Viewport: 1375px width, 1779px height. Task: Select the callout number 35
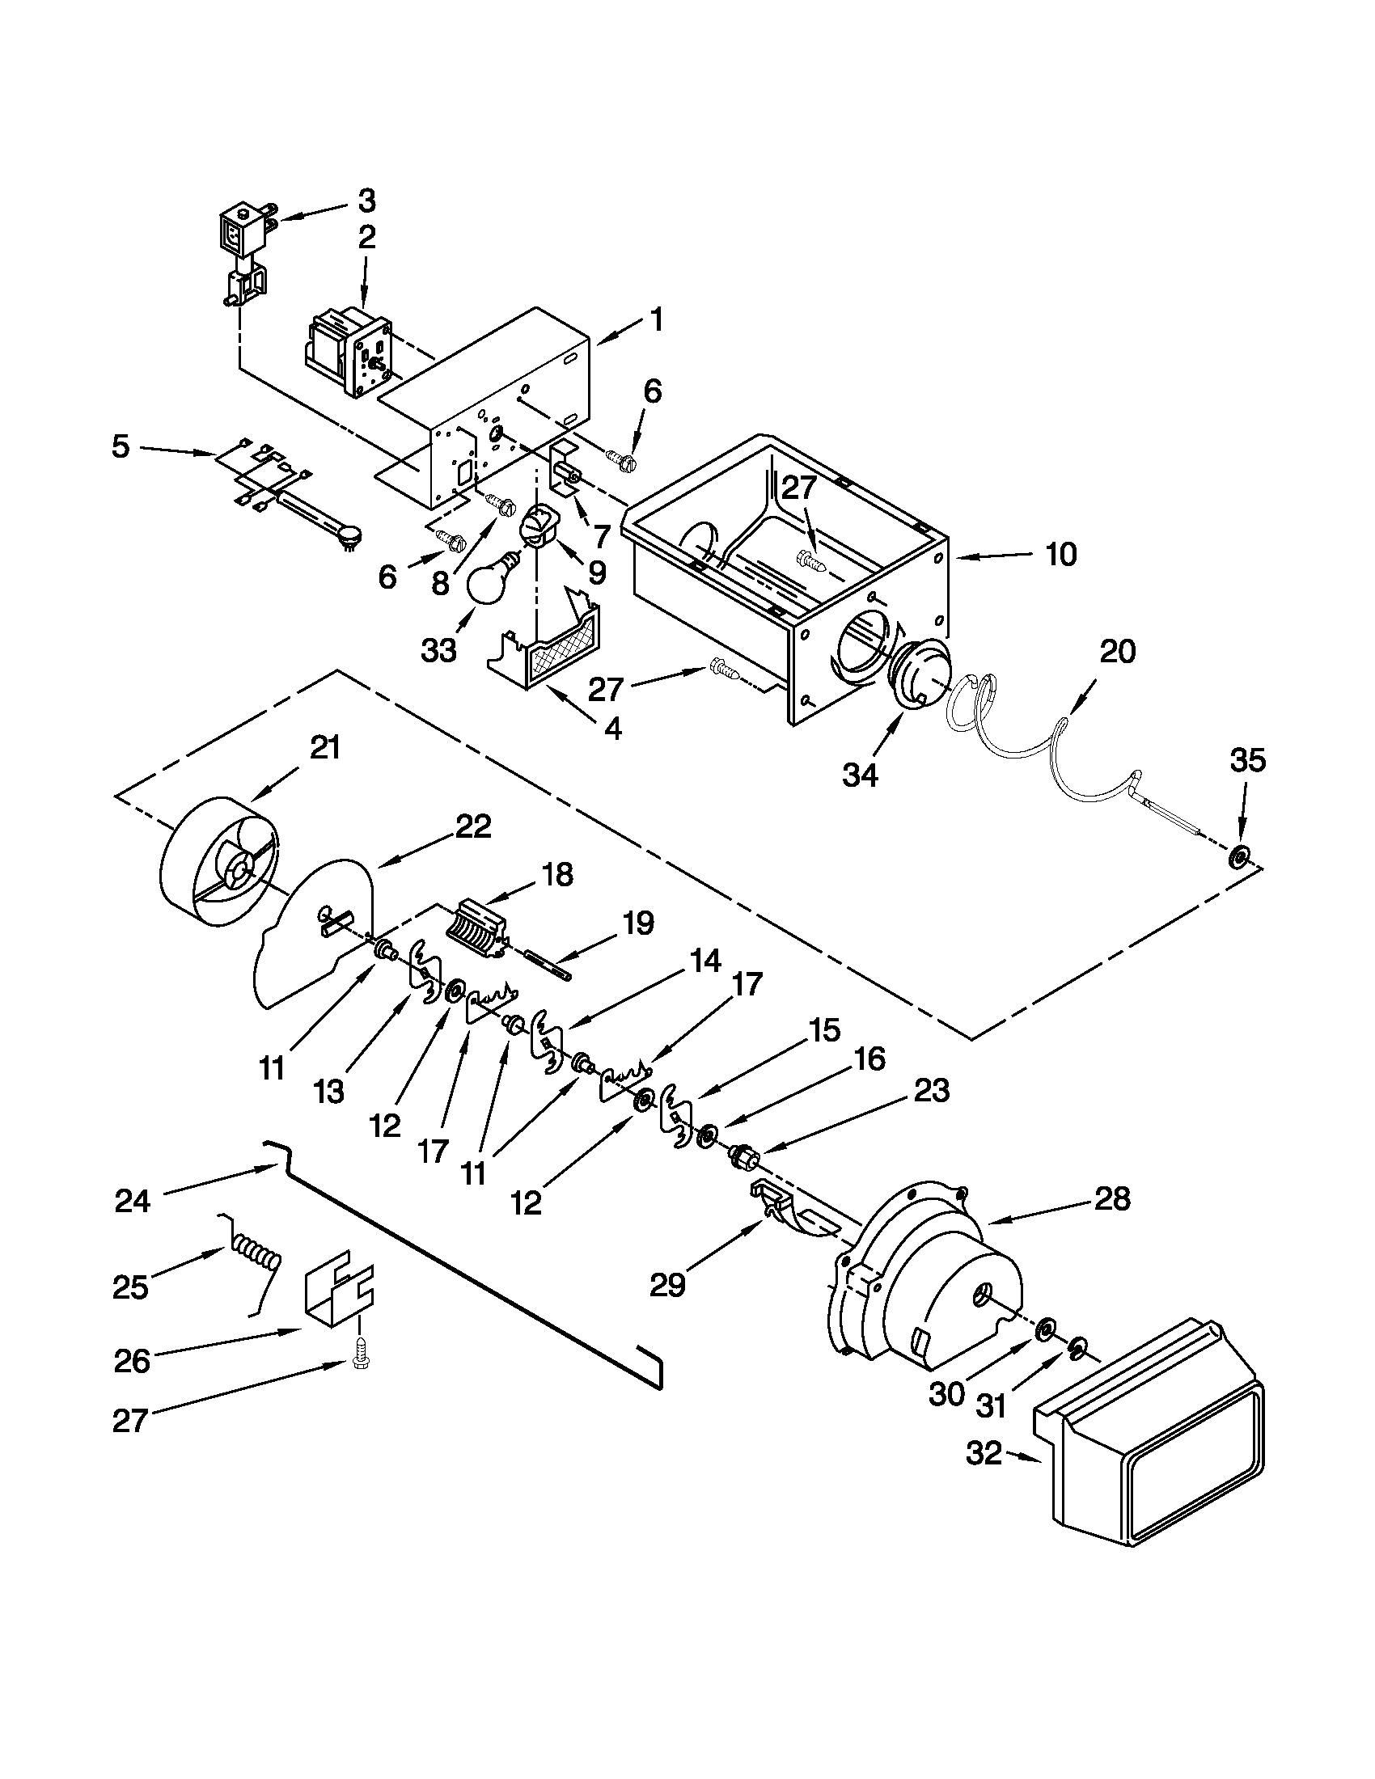[x=1247, y=761]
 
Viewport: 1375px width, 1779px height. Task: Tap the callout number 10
[x=1060, y=555]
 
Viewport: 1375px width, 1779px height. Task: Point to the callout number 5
[x=121, y=446]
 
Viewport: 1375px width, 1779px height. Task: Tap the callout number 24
[x=133, y=1200]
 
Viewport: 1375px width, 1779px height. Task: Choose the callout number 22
[x=474, y=826]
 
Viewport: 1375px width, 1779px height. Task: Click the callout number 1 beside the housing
[x=657, y=320]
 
